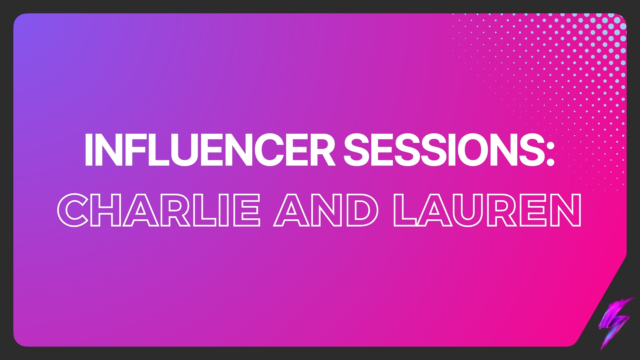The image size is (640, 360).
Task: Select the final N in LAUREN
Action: [x=567, y=211]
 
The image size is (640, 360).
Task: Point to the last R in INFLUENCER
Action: [x=323, y=150]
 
